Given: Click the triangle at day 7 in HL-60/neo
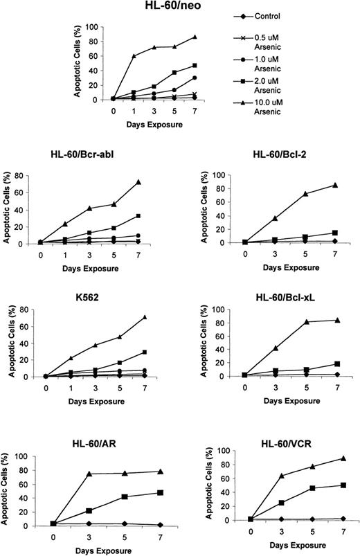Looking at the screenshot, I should [x=195, y=37].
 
